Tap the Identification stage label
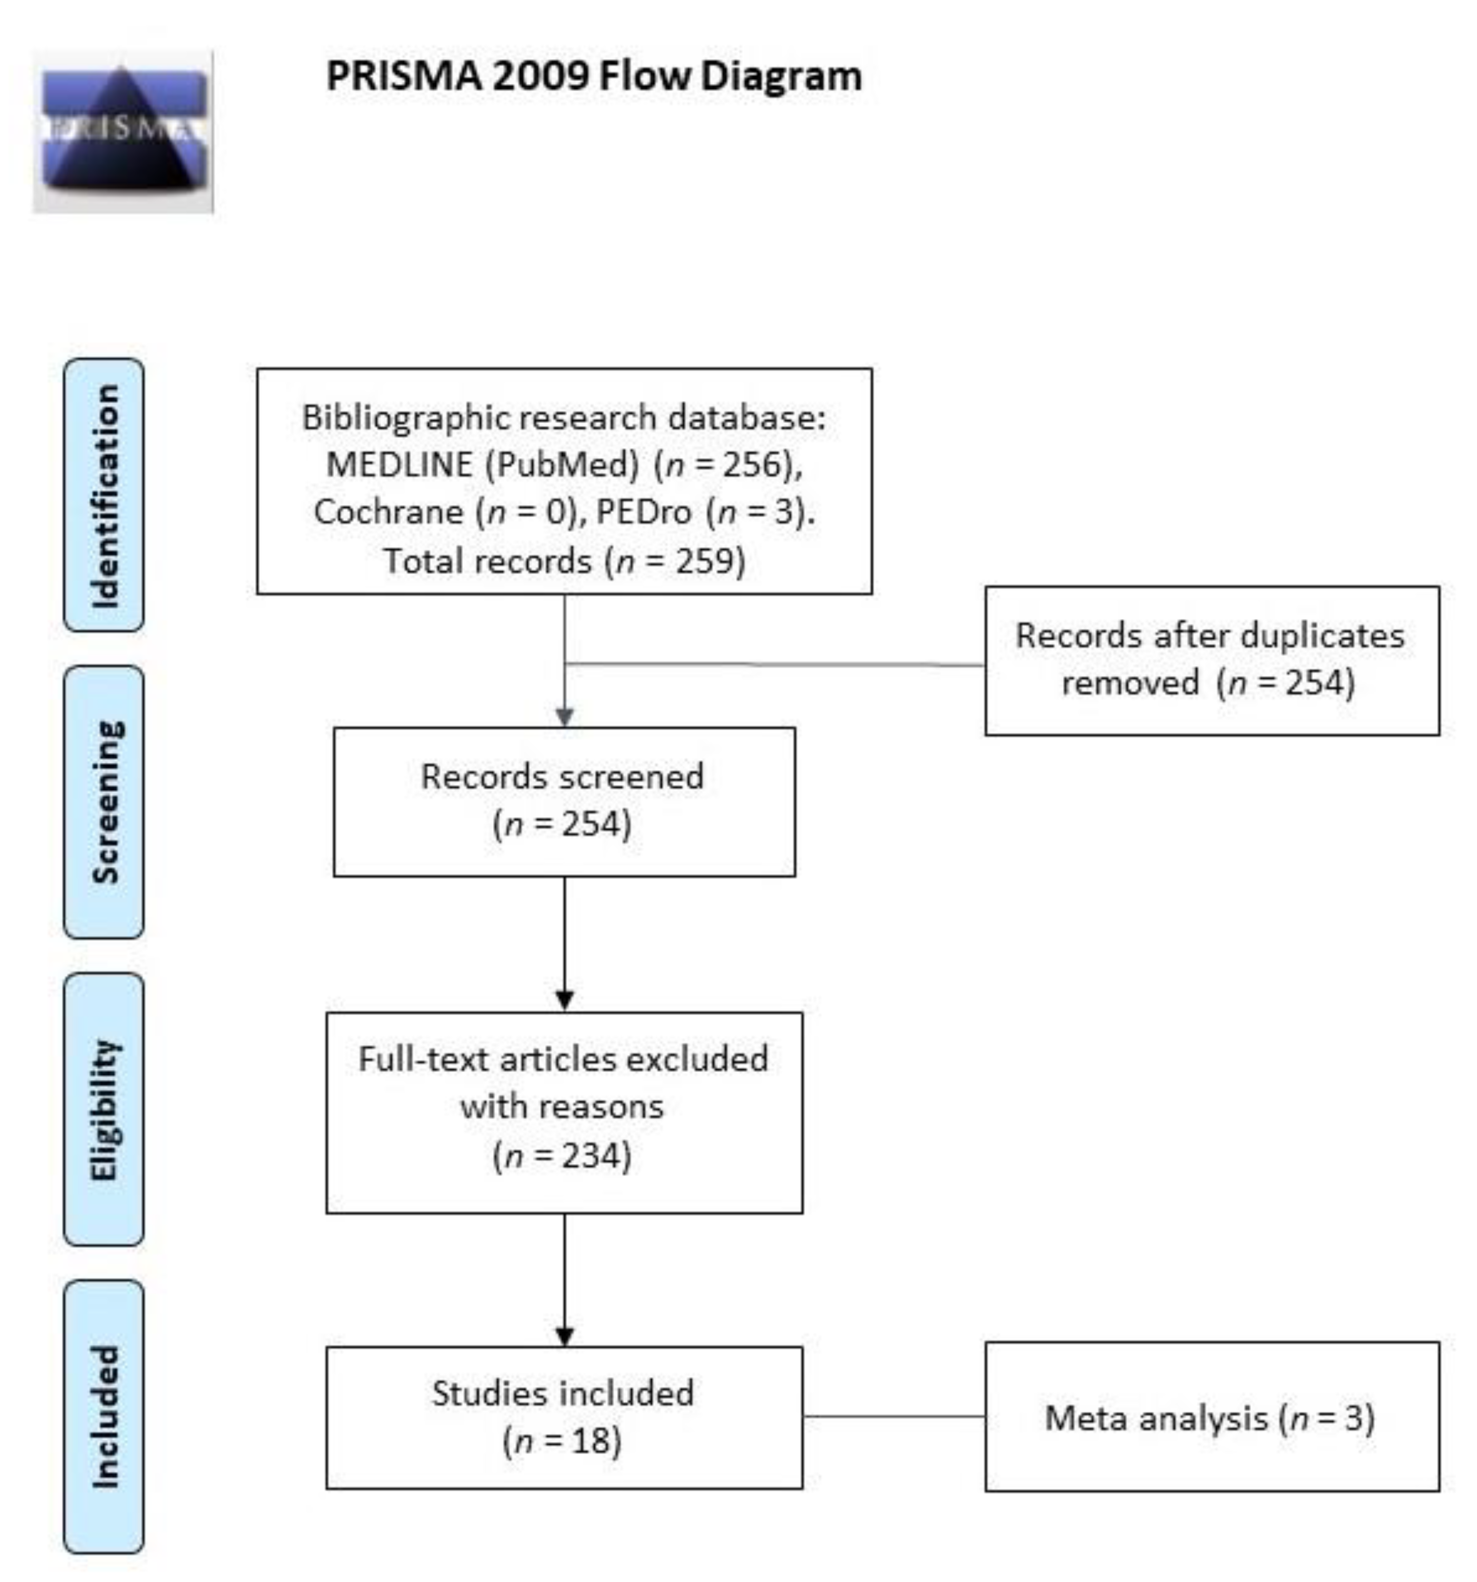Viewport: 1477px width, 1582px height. (x=104, y=495)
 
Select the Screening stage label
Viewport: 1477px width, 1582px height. (x=104, y=802)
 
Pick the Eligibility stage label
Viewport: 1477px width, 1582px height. (x=104, y=1109)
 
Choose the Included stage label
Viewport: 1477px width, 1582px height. (x=104, y=1416)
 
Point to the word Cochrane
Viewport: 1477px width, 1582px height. (x=388, y=512)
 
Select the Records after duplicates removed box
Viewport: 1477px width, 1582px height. (x=1211, y=661)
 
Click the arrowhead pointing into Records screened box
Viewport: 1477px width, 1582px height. (x=564, y=717)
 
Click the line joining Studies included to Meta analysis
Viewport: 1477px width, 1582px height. (x=893, y=1416)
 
